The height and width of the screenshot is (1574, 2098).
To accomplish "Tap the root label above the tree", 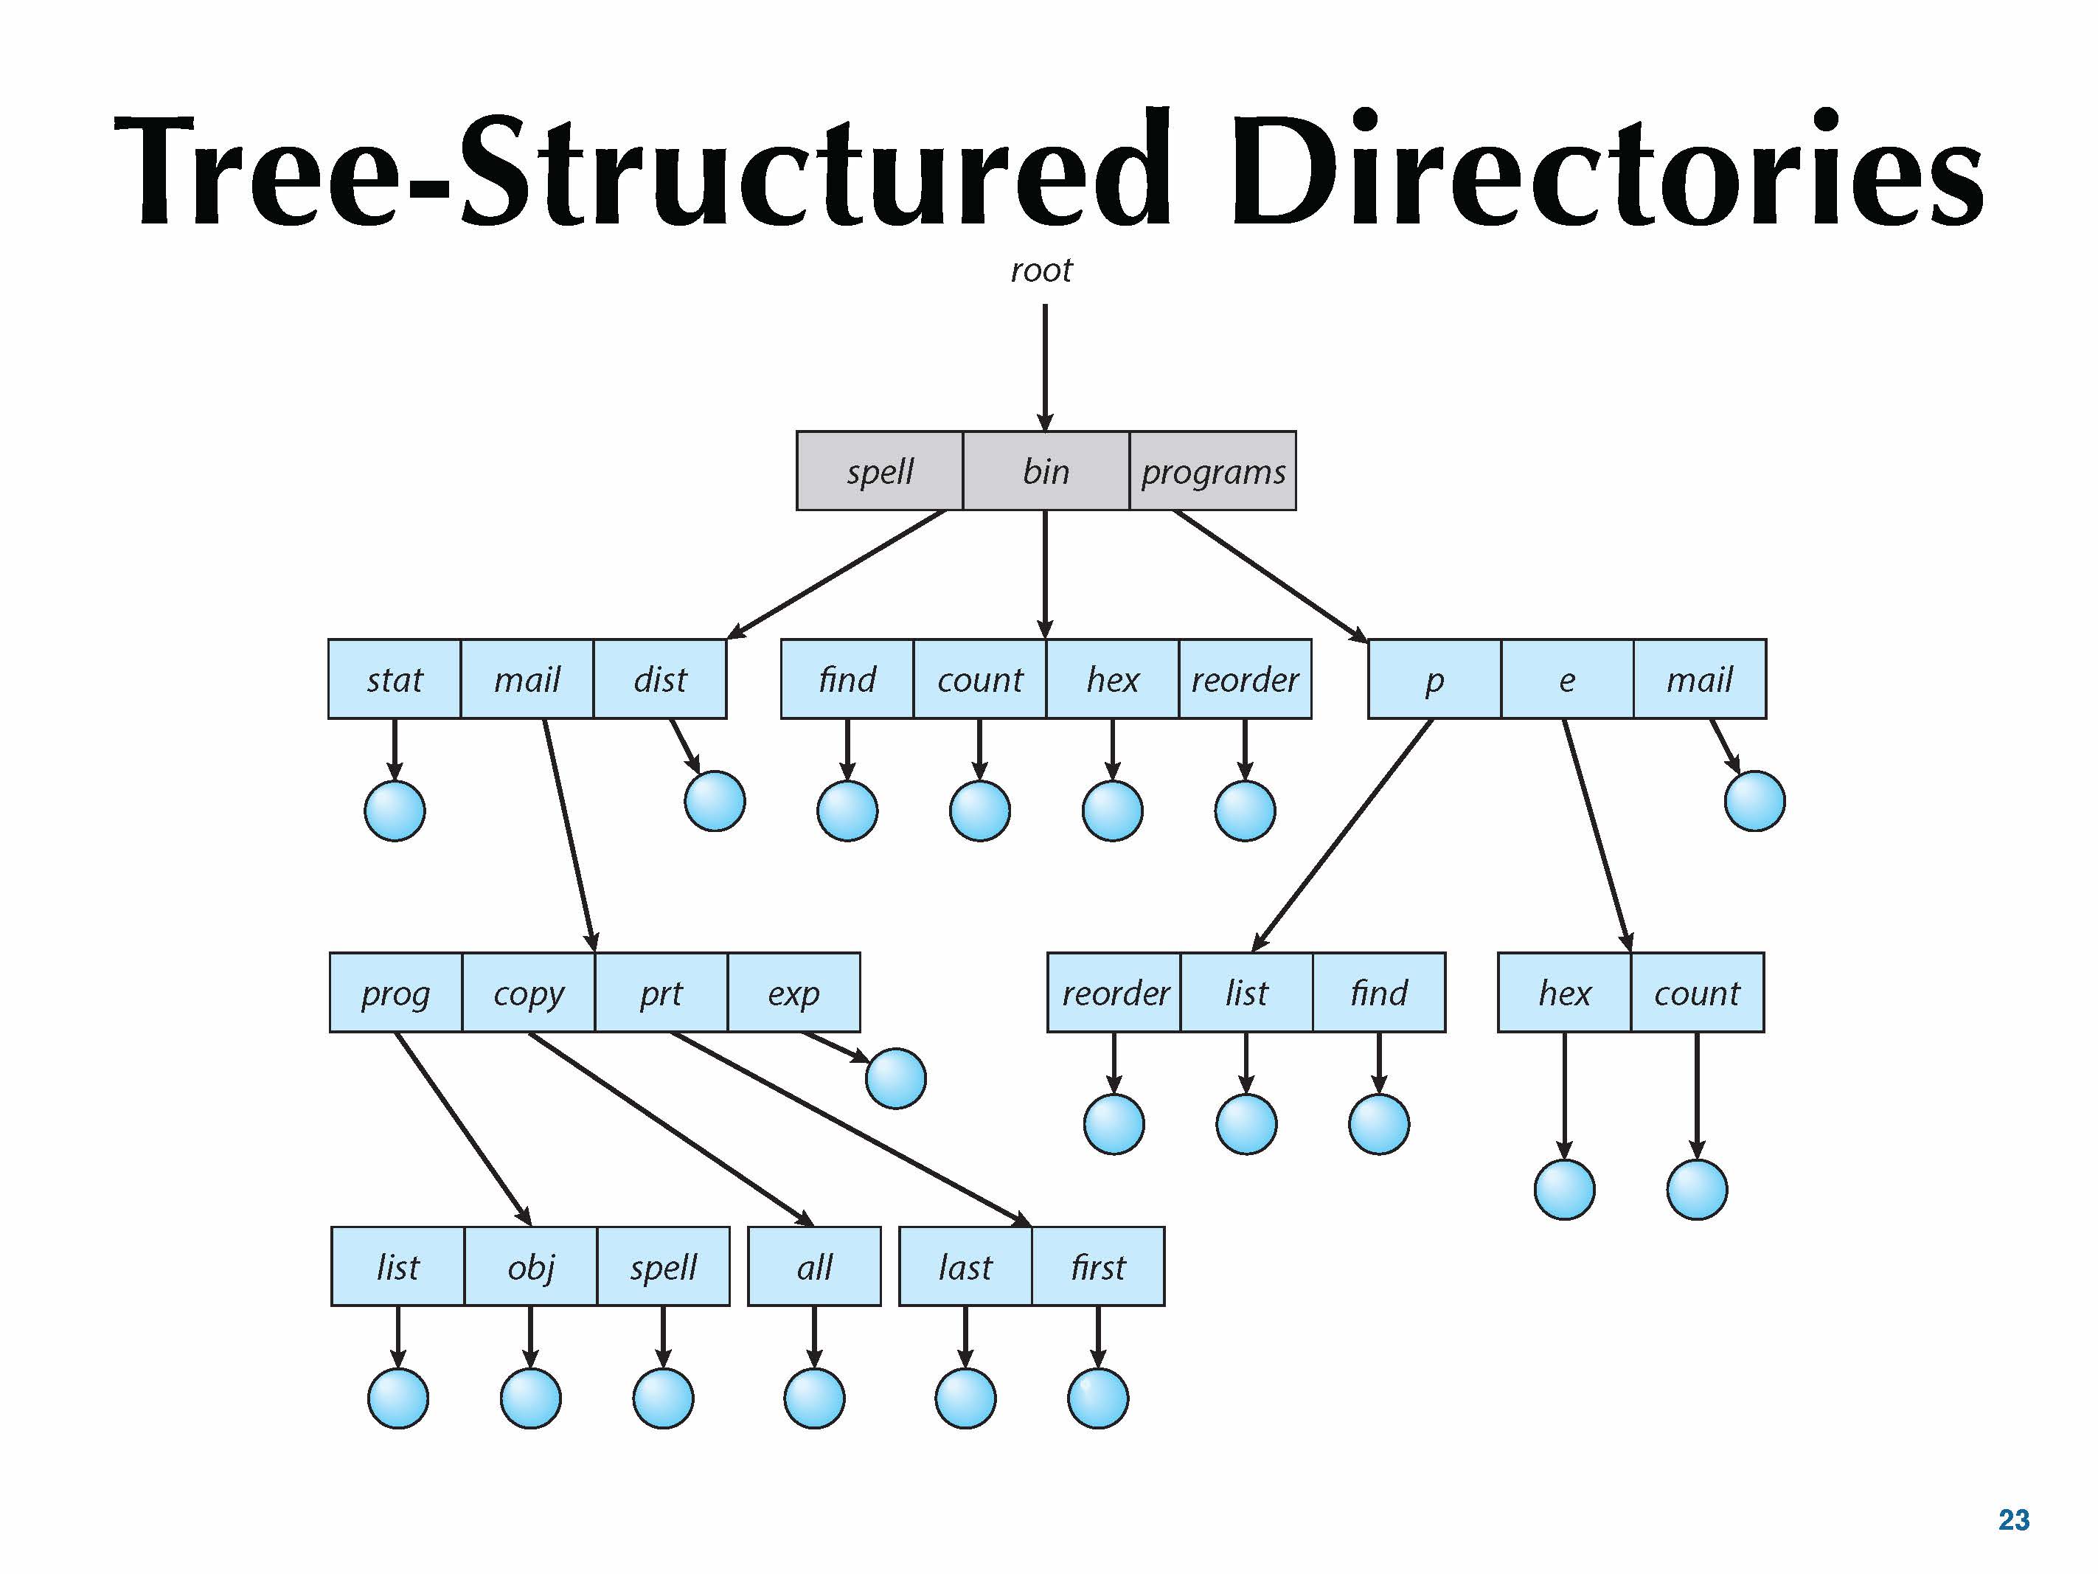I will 1041,271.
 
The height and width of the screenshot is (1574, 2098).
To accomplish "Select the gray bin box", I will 1045,471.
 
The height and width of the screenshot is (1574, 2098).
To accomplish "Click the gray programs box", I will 1212,471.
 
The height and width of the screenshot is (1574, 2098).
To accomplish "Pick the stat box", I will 395,679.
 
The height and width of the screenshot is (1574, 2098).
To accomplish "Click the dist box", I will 660,679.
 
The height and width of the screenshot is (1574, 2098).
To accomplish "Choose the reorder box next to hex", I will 1244,679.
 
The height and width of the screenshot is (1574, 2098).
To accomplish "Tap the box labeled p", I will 1434,679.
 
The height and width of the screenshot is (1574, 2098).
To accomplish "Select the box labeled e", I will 1567,679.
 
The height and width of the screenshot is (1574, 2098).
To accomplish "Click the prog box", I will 395,992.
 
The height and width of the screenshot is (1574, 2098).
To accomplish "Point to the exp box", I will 794,992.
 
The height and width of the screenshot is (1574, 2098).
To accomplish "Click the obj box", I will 530,1266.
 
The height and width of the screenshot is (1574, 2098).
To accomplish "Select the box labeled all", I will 814,1266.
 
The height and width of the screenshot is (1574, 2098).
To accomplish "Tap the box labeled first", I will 1097,1266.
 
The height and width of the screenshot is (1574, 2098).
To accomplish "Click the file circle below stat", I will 395,811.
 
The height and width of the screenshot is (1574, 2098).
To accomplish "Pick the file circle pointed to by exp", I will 895,1079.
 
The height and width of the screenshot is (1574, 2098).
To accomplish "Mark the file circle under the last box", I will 965,1398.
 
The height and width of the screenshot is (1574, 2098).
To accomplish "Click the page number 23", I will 2014,1520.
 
